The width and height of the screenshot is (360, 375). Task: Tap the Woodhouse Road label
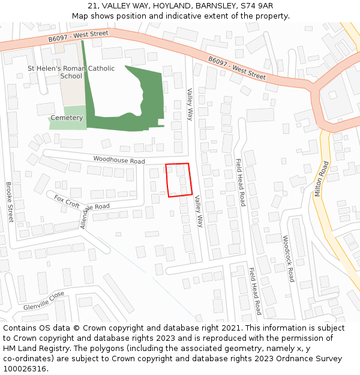tap(119, 161)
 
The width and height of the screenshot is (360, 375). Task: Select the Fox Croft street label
tap(67, 201)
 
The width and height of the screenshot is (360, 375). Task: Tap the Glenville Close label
tap(44, 301)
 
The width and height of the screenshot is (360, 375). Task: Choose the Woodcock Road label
tap(288, 259)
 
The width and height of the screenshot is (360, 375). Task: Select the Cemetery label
tap(67, 118)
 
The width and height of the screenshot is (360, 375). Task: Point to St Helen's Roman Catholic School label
tap(71, 72)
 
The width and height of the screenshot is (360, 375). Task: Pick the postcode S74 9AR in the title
tap(256, 5)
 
